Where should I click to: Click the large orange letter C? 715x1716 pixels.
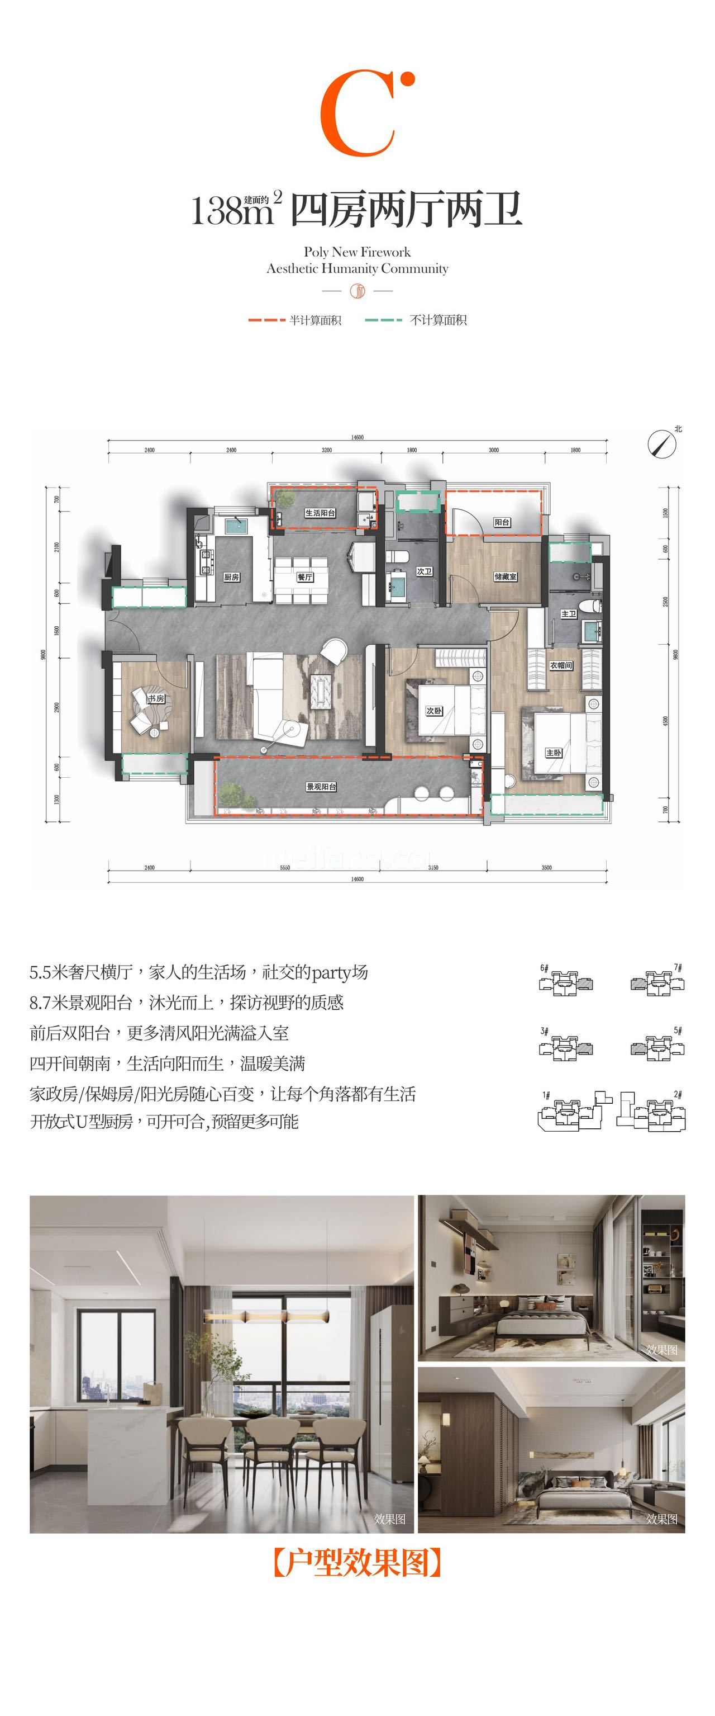click(357, 115)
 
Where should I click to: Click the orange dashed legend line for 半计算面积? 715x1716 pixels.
click(266, 320)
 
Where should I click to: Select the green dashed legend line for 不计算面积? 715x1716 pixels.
click(383, 320)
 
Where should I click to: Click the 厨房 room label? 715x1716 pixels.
click(231, 577)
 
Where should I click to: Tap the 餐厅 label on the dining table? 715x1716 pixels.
click(305, 577)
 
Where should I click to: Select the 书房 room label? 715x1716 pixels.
click(156, 698)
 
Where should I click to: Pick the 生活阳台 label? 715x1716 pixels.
click(320, 513)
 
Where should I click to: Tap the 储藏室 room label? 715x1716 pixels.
click(506, 576)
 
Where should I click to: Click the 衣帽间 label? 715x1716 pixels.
click(561, 665)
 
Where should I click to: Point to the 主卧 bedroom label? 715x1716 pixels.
click(553, 753)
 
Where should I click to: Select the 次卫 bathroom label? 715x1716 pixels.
click(424, 571)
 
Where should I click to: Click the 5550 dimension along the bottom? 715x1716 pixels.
click(284, 867)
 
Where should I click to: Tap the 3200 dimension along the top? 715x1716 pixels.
click(326, 450)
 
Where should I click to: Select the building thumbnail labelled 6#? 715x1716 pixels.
click(566, 982)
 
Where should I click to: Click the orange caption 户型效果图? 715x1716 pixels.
click(357, 1562)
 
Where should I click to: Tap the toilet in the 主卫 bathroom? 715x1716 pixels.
click(590, 606)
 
